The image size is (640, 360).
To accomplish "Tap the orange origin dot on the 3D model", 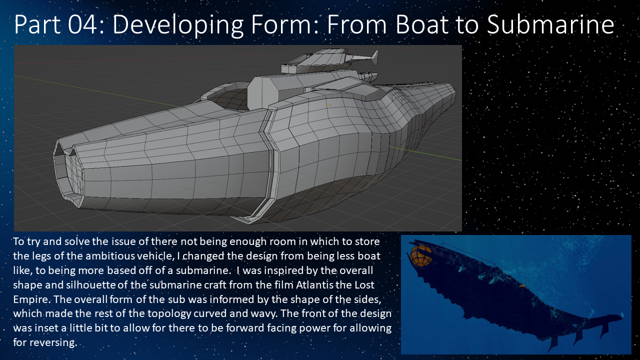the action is pos(329,105).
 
